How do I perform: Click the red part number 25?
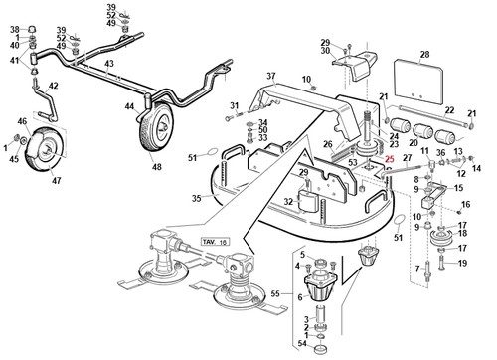tap(390, 159)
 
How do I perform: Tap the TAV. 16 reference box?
tap(215, 242)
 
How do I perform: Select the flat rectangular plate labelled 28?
tap(418, 83)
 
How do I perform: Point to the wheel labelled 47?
tap(46, 149)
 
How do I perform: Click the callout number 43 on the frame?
tap(109, 64)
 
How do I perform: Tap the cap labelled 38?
tap(31, 29)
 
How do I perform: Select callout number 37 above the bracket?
tap(271, 76)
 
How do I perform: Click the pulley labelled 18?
tap(442, 239)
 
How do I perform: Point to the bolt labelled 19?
tap(441, 263)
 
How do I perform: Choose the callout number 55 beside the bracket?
tap(275, 293)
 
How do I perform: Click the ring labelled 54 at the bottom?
tap(321, 349)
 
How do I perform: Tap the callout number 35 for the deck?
tap(197, 198)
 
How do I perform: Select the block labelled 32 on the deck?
tap(308, 201)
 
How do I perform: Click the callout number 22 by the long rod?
tap(449, 110)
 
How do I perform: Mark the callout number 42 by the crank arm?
tap(53, 86)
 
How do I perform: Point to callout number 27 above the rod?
tap(408, 158)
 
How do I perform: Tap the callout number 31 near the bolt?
tap(235, 106)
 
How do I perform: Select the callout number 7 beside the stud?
tap(417, 269)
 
